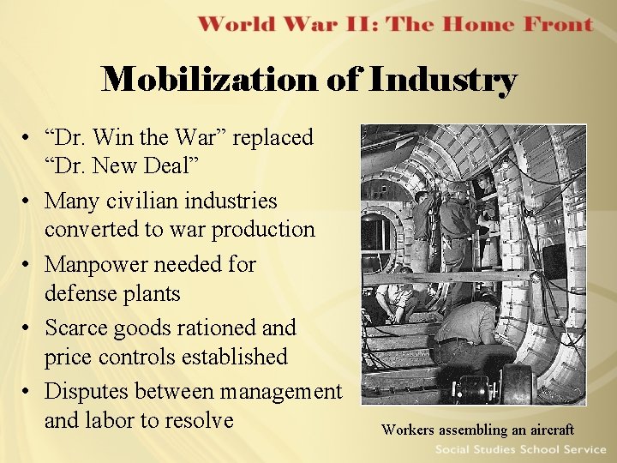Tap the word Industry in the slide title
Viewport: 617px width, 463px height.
(x=444, y=81)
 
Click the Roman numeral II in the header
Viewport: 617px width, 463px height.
(x=356, y=23)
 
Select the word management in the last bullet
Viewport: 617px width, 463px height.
(x=281, y=391)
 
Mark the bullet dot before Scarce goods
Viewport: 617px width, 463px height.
(x=28, y=328)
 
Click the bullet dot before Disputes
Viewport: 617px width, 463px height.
(x=28, y=392)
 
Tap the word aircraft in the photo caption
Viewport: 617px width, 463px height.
(x=545, y=430)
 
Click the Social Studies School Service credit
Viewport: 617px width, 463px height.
(x=519, y=449)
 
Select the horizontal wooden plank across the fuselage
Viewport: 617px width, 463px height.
(x=446, y=277)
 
